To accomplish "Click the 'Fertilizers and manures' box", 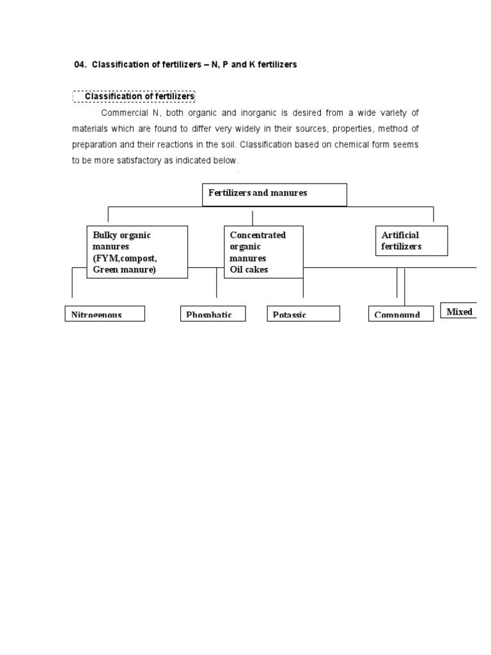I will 274,195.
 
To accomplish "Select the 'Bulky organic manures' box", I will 137,252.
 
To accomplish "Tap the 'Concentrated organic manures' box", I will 263,252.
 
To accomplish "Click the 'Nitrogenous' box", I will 105,313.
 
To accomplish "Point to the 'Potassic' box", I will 303,313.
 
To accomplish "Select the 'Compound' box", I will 401,313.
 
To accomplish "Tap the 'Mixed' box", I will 459,311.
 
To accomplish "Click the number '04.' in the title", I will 81,65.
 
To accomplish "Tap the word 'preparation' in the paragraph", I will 95,145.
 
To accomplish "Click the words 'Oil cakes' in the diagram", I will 249,270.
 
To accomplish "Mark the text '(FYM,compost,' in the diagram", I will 125,258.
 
